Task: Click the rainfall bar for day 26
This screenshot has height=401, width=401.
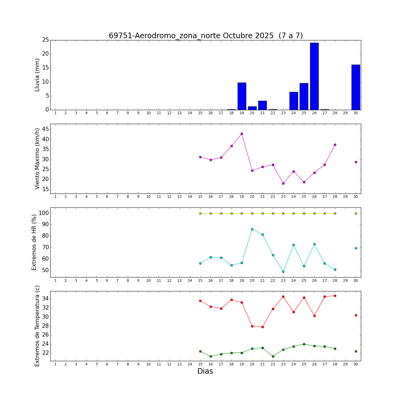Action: pos(314,76)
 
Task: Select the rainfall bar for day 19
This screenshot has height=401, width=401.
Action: pos(242,96)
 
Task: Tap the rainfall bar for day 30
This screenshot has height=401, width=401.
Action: pos(356,87)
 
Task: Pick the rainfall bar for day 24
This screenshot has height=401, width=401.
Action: pos(294,101)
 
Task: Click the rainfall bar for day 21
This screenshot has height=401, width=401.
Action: pos(263,105)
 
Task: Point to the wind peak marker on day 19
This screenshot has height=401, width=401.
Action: pos(242,134)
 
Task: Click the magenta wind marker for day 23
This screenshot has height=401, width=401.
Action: pos(283,183)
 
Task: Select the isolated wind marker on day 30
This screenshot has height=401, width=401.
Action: pos(356,162)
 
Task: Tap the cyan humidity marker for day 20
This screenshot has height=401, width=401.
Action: pos(252,229)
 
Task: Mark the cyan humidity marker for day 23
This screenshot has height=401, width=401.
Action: pos(283,272)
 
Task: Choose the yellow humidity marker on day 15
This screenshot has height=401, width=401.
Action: pos(200,213)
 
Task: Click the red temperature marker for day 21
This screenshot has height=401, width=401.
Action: pos(263,327)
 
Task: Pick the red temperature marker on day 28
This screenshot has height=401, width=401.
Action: pos(335,296)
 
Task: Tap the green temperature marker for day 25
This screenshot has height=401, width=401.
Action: pos(304,344)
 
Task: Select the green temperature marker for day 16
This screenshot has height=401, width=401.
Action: pos(211,356)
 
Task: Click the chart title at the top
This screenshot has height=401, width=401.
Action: pos(206,36)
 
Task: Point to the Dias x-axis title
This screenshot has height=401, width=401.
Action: pos(205,371)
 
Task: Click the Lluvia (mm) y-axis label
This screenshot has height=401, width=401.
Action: pos(37,75)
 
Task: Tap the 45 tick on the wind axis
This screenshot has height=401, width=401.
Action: pos(45,129)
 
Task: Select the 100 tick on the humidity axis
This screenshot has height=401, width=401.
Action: pos(43,213)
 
